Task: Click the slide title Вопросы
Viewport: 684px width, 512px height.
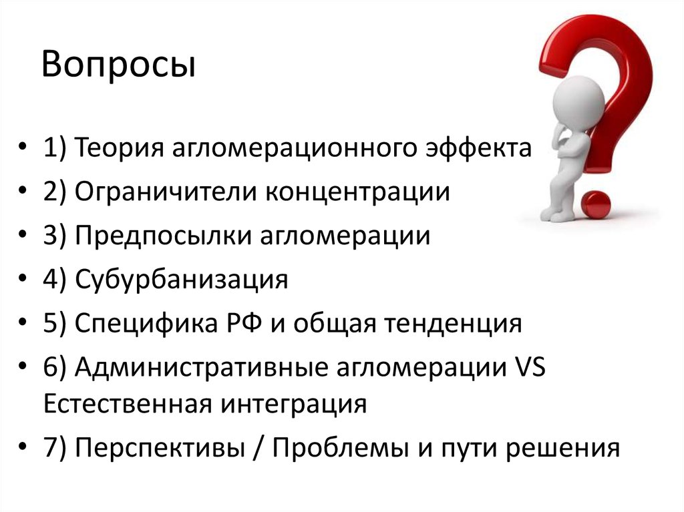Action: pos(120,67)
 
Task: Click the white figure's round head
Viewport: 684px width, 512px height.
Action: pos(581,97)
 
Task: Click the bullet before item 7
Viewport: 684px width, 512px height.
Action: pos(24,449)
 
